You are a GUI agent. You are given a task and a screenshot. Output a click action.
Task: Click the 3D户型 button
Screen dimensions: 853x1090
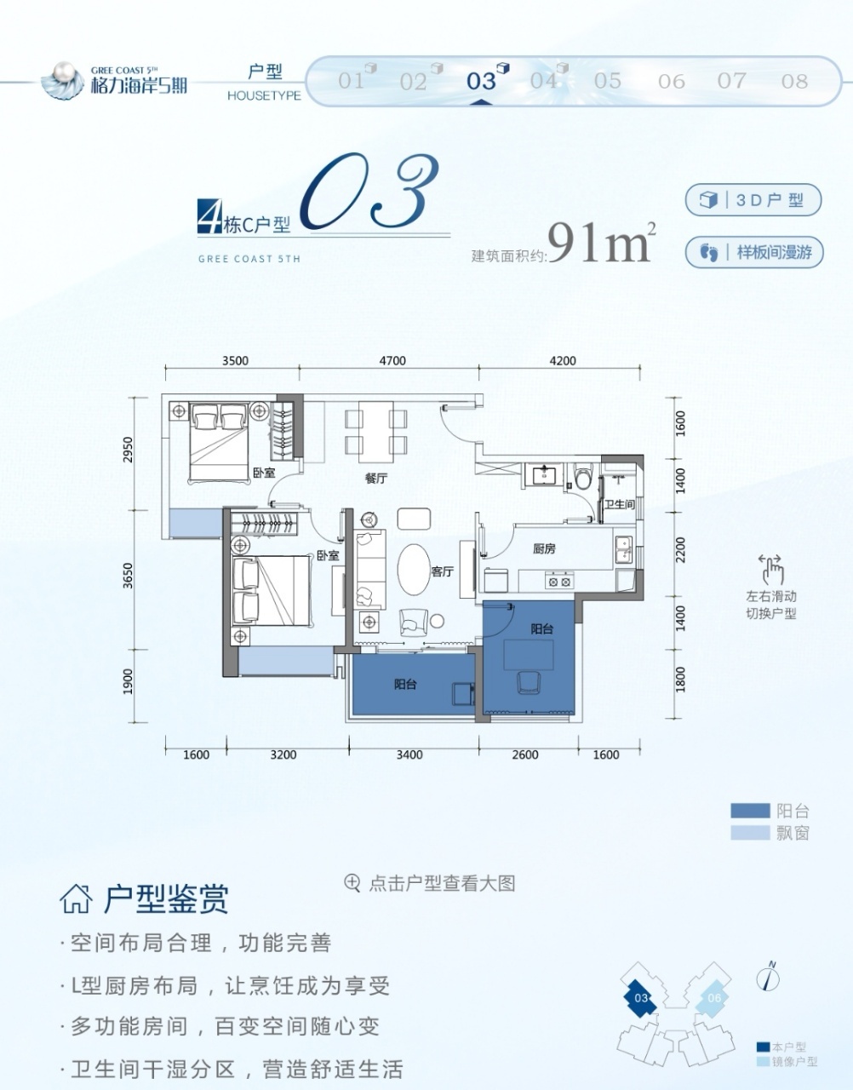pyautogui.click(x=753, y=200)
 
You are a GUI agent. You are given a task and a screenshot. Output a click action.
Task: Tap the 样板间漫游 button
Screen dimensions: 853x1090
pyautogui.click(x=754, y=252)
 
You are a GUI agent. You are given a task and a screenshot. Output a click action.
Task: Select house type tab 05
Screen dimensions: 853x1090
pyautogui.click(x=607, y=81)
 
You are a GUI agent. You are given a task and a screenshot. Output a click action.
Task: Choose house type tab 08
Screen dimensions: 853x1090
pyautogui.click(x=794, y=81)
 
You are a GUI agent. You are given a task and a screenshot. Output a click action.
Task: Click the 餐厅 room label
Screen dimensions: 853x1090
pyautogui.click(x=376, y=478)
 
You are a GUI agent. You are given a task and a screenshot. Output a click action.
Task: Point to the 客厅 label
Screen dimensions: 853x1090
pyautogui.click(x=443, y=572)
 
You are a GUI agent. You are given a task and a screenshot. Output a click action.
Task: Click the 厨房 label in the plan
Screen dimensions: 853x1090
pyautogui.click(x=544, y=548)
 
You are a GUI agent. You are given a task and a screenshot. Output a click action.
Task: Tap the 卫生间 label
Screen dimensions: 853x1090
pyautogui.click(x=620, y=504)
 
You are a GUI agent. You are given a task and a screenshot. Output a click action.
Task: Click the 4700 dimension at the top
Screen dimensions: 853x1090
pyautogui.click(x=392, y=361)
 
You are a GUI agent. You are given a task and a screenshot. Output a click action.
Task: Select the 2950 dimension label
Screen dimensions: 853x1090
pyautogui.click(x=129, y=450)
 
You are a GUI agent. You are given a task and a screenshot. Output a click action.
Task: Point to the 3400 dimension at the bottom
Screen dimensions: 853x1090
pyautogui.click(x=409, y=754)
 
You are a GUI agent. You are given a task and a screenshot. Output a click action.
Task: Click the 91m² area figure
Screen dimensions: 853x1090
pyautogui.click(x=601, y=243)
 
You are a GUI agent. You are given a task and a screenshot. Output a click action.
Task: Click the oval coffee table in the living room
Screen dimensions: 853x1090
pyautogui.click(x=414, y=570)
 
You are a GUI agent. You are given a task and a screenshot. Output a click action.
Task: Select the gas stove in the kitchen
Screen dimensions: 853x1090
pyautogui.click(x=559, y=582)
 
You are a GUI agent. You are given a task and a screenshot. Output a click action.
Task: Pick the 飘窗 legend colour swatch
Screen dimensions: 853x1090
pyautogui.click(x=750, y=833)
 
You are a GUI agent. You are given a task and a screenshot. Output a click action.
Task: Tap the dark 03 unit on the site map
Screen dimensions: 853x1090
pyautogui.click(x=640, y=998)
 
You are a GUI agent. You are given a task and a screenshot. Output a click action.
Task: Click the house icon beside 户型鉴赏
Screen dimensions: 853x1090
pyautogui.click(x=77, y=899)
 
